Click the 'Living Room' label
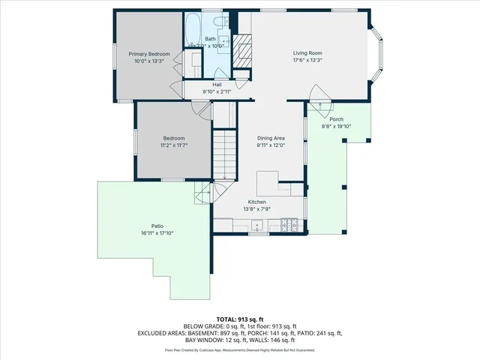(307, 53)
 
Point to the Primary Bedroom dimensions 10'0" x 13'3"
(148, 61)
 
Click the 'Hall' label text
(217, 85)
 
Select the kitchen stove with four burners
(289, 223)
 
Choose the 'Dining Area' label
(271, 138)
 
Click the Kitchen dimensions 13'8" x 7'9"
(257, 209)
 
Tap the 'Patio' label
(157, 226)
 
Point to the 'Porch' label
(336, 119)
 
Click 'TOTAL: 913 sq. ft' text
(240, 319)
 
